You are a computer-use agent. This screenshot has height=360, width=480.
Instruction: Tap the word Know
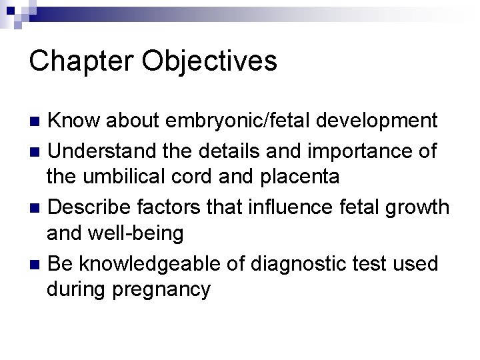coord(73,121)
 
